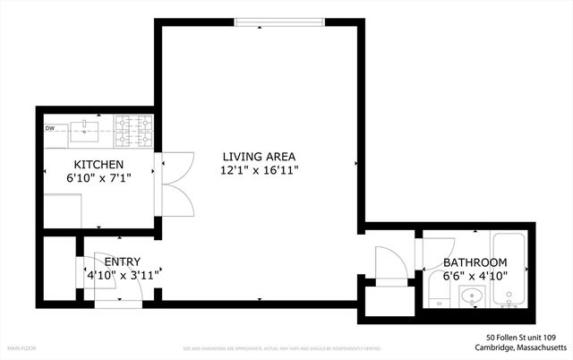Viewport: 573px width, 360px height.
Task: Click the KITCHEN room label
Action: [98, 165]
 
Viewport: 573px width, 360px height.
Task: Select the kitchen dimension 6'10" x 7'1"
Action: [98, 178]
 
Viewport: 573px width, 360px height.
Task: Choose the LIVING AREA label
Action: [260, 156]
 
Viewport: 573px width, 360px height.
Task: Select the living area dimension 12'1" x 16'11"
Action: [260, 169]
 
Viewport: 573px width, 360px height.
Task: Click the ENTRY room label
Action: [123, 261]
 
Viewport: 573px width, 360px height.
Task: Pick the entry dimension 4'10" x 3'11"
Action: [123, 275]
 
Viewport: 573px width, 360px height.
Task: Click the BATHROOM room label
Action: [475, 262]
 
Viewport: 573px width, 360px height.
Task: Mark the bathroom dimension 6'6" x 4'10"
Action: [475, 276]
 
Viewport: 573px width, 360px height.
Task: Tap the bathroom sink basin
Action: [472, 296]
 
